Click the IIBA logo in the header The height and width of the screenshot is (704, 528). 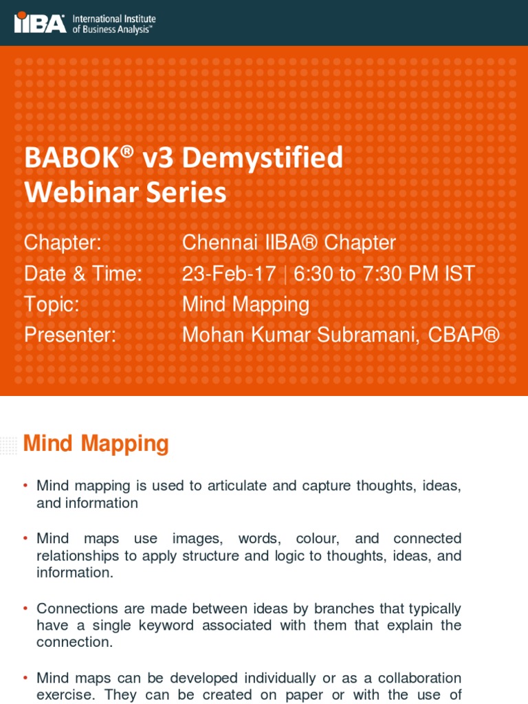40,23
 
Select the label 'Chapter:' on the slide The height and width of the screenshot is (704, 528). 63,243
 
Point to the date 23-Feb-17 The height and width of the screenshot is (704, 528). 229,274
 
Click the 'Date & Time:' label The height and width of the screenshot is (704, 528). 82,274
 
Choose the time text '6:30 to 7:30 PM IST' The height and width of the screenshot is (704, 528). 384,274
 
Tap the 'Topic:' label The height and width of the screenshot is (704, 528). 52,304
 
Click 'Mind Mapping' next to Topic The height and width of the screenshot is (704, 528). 245,304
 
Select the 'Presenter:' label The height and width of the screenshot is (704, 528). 69,335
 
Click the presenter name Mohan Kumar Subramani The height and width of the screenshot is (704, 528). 300,335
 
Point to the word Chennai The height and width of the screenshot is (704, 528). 219,243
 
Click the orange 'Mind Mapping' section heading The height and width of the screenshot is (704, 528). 96,443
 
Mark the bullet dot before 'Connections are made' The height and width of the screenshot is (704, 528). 25,608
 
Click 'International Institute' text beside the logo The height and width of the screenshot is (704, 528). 114,19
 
